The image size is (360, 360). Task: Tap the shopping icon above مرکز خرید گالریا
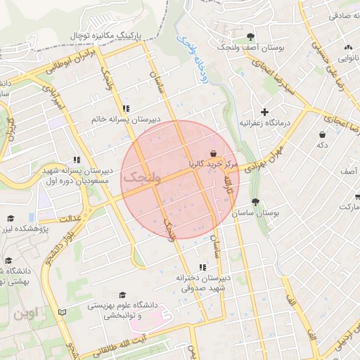pyautogui.click(x=213, y=153)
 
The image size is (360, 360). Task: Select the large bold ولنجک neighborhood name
pyautogui.click(x=143, y=179)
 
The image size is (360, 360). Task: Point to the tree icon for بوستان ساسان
pyautogui.click(x=255, y=202)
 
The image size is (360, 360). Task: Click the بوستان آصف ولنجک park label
pyautogui.click(x=251, y=47)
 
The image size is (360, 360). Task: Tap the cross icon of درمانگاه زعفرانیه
pyautogui.click(x=264, y=112)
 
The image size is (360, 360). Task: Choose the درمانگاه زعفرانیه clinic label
pyautogui.click(x=264, y=122)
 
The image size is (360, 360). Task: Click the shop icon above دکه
pyautogui.click(x=322, y=134)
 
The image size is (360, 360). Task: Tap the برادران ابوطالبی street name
pyautogui.click(x=70, y=61)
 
